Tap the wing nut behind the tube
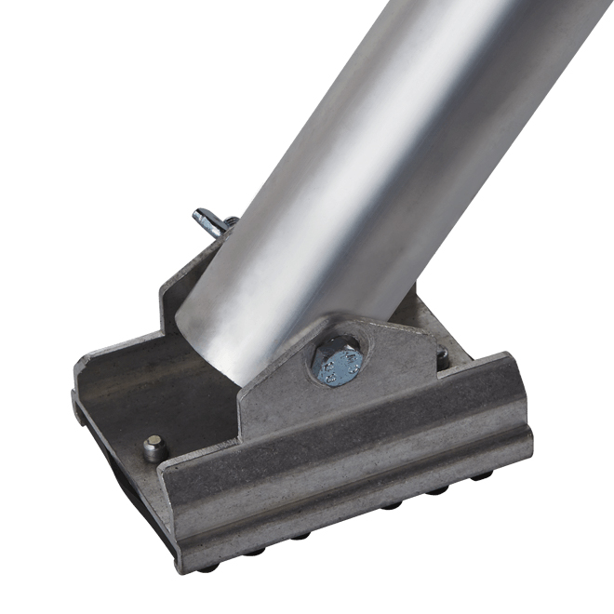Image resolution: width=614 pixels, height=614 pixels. [210, 222]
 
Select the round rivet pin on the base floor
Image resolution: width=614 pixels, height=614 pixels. [154, 447]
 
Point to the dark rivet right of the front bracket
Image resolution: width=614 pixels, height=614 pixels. [442, 355]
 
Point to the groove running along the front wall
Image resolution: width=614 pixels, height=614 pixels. [354, 484]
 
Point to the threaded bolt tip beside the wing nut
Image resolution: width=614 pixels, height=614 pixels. [229, 223]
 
